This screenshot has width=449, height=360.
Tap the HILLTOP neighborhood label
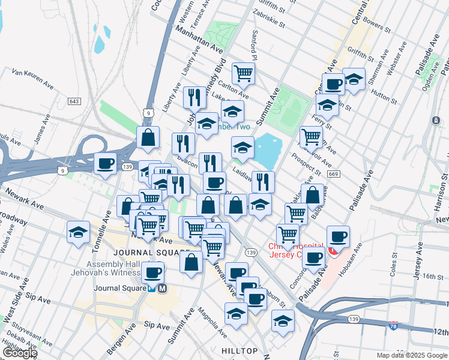pyautogui.click(x=240, y=350)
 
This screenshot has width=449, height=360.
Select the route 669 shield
pyautogui.click(x=334, y=174)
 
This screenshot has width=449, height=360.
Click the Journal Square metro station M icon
pyautogui.click(x=163, y=288)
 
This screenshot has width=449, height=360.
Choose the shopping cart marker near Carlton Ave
pyautogui.click(x=244, y=73)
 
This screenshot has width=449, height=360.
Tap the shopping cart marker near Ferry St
pyautogui.click(x=311, y=136)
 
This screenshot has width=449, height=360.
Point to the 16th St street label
pyautogui.click(x=432, y=276)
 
